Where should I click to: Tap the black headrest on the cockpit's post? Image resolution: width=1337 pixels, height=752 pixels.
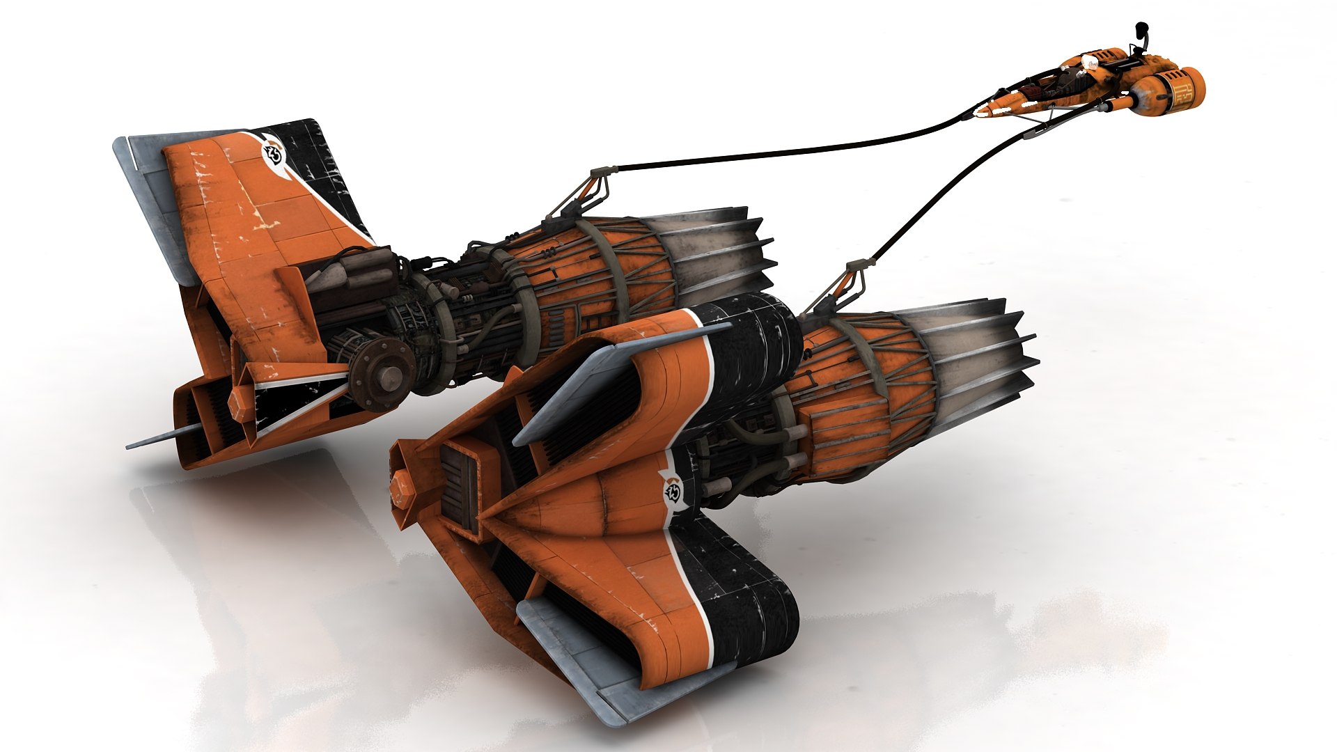(x=1141, y=29)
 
